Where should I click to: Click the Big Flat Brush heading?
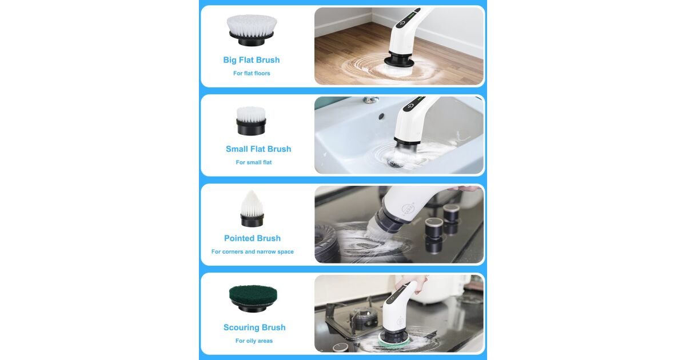[252, 60]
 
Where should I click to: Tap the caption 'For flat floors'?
[252, 74]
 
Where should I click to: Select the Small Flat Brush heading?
[258, 149]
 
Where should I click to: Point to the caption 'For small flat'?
[254, 162]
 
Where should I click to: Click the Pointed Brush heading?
[252, 238]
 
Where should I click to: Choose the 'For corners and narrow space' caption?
[252, 251]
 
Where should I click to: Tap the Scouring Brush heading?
[254, 327]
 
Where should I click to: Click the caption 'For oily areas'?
[254, 341]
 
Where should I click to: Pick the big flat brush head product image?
[252, 30]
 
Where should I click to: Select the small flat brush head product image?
[251, 121]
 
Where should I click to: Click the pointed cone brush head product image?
[252, 209]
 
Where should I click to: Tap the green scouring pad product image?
[253, 298]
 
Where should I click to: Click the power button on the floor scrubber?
[402, 23]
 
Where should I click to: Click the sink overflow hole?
[381, 117]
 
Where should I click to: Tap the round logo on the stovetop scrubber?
[409, 209]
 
